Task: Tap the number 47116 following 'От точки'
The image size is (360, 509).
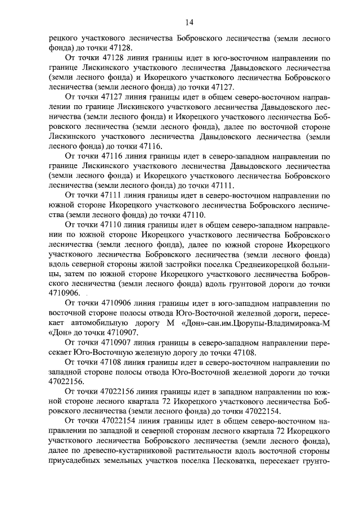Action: (110, 155)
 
